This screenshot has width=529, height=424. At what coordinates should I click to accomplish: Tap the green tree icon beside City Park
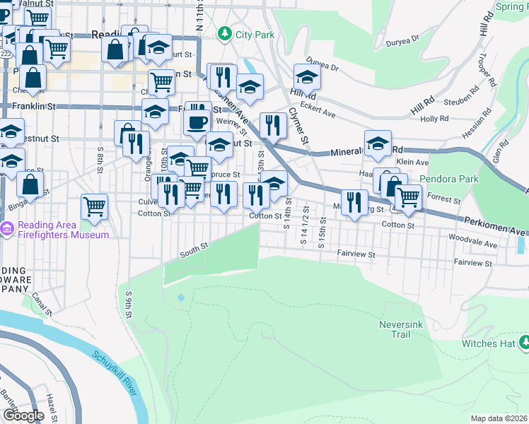225,33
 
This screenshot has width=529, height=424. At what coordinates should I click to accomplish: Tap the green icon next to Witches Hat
524,343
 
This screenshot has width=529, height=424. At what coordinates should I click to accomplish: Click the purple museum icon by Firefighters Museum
8,229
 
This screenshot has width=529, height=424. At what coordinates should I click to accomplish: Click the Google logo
23,416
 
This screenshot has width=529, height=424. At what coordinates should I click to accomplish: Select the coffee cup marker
197,122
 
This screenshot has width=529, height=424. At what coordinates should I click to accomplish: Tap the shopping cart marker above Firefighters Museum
94,206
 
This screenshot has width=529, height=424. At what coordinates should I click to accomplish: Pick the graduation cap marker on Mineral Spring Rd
378,143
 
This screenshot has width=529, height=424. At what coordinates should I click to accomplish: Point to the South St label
194,248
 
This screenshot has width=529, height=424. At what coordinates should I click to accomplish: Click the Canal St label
42,305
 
